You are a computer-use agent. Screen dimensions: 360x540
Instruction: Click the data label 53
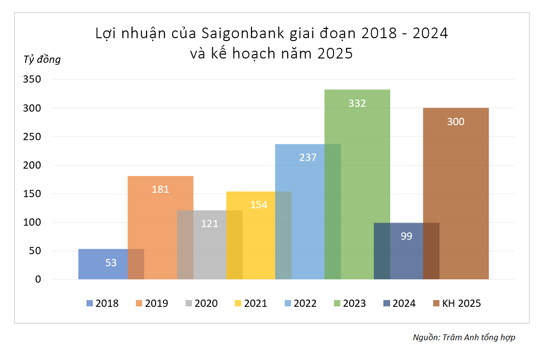[111, 263]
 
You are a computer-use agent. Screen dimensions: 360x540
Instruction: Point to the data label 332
[357, 103]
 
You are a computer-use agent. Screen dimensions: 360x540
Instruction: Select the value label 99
[406, 236]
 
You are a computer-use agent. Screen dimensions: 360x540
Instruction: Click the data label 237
[307, 158]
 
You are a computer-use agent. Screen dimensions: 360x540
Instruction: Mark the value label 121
[209, 224]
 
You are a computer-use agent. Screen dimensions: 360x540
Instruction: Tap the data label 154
[259, 204]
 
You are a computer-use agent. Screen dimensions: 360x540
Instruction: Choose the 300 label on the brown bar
[455, 122]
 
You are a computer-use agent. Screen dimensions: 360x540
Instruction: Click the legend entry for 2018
[102, 303]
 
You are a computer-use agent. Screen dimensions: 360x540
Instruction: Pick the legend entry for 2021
[250, 303]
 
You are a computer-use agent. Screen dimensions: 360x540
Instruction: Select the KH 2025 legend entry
[456, 303]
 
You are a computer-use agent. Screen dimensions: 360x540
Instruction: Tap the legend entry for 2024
[399, 303]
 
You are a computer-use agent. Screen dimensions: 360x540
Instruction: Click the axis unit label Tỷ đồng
[42, 60]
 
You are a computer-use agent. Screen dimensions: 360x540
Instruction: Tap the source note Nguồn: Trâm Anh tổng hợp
[464, 337]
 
